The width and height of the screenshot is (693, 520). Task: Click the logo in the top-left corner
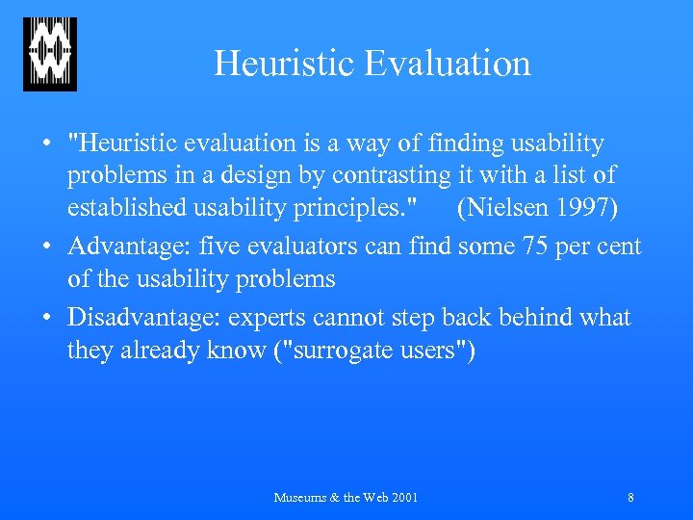[x=50, y=54]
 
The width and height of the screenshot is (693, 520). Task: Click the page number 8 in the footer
[x=630, y=498]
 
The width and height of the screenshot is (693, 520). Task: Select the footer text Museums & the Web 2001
[x=346, y=498]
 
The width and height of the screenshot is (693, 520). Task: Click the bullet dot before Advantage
[x=47, y=247]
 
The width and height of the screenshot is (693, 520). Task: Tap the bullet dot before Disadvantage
[x=47, y=317]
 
